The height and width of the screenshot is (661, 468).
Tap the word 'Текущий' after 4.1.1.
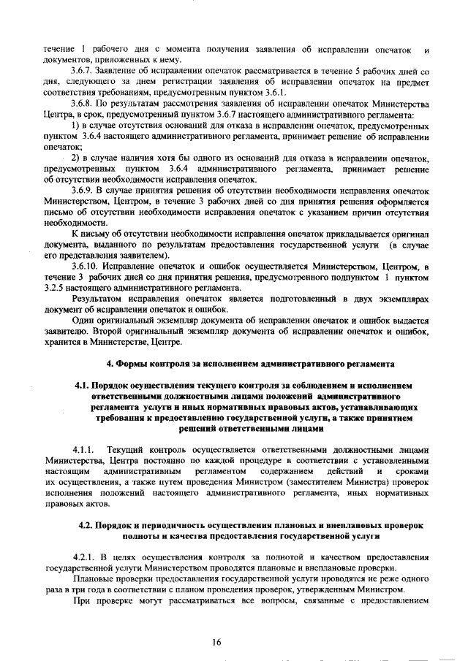(126, 451)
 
